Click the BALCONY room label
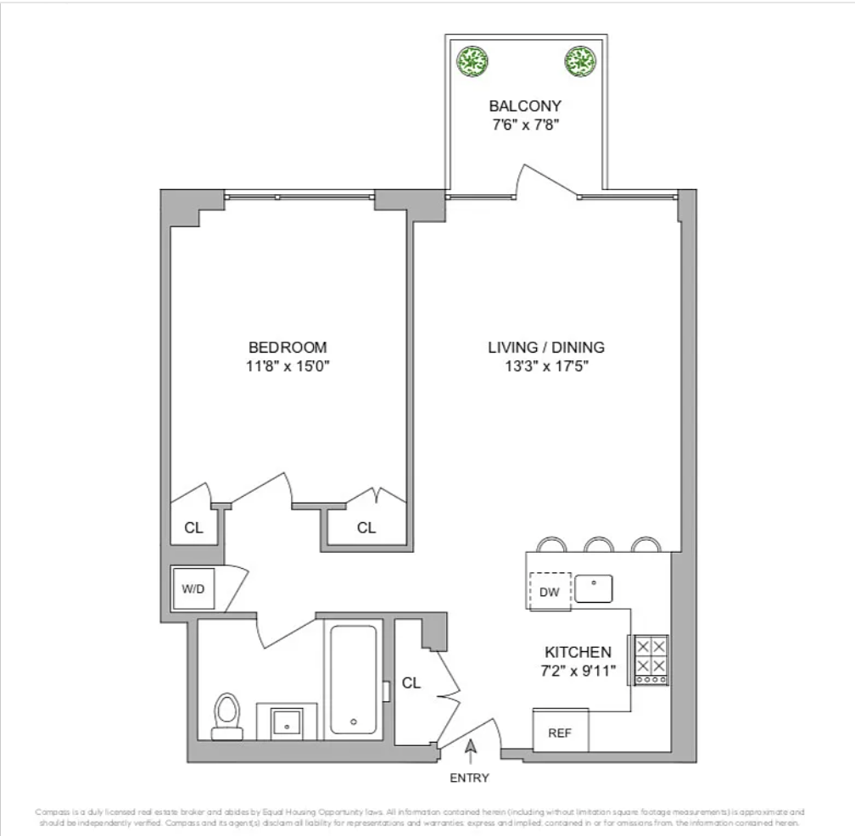coord(525,106)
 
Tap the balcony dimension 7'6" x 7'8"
coord(525,124)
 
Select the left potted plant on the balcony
coord(472,60)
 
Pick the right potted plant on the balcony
coord(580,60)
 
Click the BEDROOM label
coord(288,348)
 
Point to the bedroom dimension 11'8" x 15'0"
coord(288,366)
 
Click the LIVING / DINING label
coord(545,348)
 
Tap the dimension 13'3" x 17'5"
coord(545,366)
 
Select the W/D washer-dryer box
coord(194,588)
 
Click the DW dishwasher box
coord(550,592)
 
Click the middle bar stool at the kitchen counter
coord(600,544)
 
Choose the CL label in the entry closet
coord(411,683)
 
